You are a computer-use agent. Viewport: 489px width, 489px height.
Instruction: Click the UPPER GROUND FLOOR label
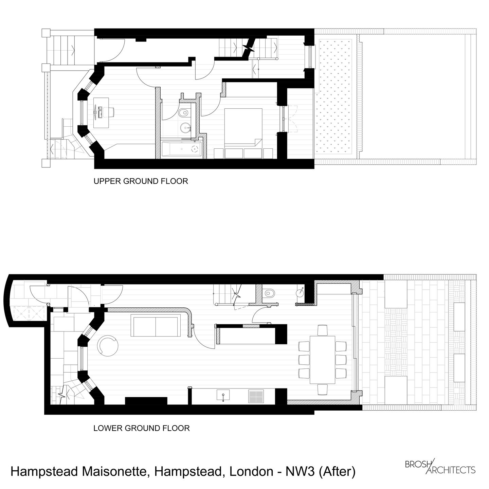tap(141, 181)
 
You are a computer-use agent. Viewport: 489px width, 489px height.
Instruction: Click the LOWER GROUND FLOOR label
tap(142, 428)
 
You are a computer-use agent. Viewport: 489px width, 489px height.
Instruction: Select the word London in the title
tap(251, 471)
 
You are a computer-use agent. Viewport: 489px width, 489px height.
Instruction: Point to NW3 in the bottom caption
tap(300, 471)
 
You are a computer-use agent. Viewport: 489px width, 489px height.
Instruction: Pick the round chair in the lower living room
tap(108, 345)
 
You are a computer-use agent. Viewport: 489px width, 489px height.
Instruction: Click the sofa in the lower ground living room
tap(156, 325)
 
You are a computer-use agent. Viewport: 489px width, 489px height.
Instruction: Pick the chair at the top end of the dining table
tap(323, 330)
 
